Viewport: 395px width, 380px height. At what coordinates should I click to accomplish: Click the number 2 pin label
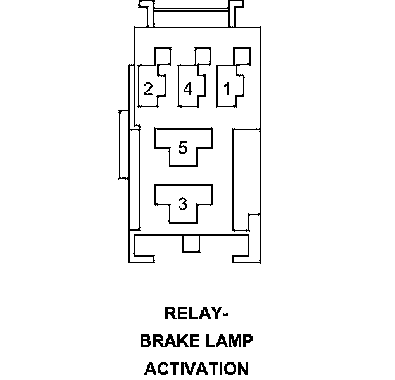click(148, 89)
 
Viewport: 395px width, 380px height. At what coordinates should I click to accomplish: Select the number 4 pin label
click(187, 89)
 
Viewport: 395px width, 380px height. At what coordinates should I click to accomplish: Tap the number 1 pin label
click(227, 89)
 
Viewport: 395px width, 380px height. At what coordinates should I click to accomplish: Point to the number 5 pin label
click(183, 148)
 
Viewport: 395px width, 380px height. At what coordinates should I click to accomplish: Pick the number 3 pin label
click(183, 204)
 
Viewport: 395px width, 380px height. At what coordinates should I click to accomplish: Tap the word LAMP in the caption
click(226, 341)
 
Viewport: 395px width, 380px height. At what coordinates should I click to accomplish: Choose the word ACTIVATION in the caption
click(196, 368)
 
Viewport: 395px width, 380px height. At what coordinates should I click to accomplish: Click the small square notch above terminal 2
click(164, 55)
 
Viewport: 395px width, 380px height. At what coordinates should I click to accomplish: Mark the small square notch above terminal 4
click(203, 55)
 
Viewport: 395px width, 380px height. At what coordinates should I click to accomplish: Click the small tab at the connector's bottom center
click(189, 244)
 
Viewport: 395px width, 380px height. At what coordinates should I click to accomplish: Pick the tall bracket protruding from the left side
click(123, 144)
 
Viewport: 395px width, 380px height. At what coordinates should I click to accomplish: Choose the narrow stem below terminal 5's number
click(183, 160)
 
